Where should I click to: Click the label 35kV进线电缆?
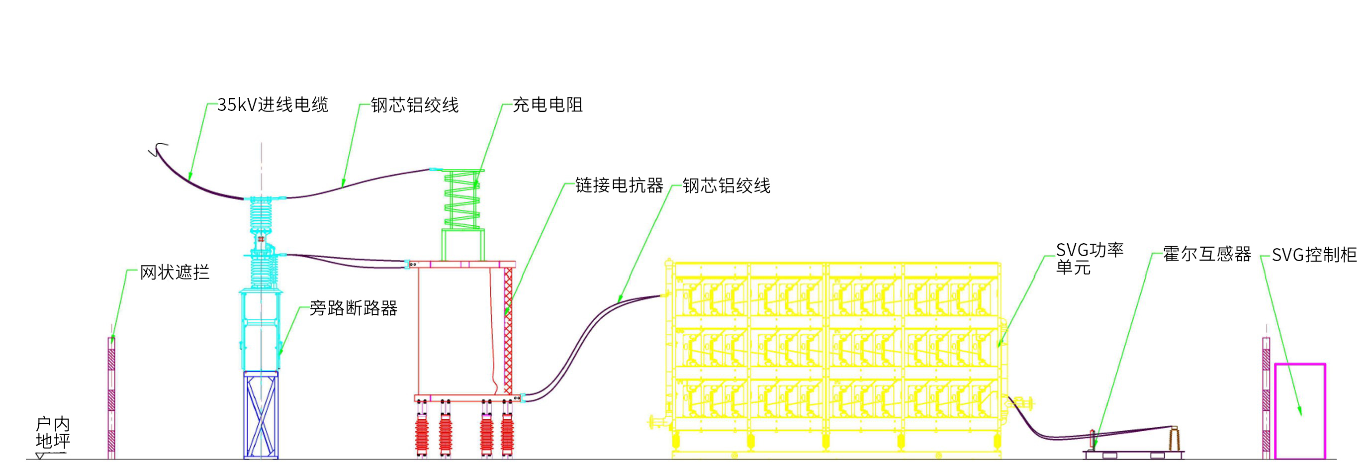pos(273,105)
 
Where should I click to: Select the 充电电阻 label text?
pos(547,105)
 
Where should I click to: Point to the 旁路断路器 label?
pos(354,308)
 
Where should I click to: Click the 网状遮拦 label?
pos(175,273)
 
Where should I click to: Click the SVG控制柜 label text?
pos(1313,255)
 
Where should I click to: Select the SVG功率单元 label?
pos(1089,259)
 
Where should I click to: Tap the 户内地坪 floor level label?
pos(52,433)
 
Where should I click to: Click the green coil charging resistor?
pos(462,199)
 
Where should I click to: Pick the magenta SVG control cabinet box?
pos(1300,411)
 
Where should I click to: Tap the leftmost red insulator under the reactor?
pos(422,434)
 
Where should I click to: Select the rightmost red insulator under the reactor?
pos(507,434)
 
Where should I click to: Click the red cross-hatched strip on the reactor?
pos(508,330)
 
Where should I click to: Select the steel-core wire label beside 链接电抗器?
pos(727,186)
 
